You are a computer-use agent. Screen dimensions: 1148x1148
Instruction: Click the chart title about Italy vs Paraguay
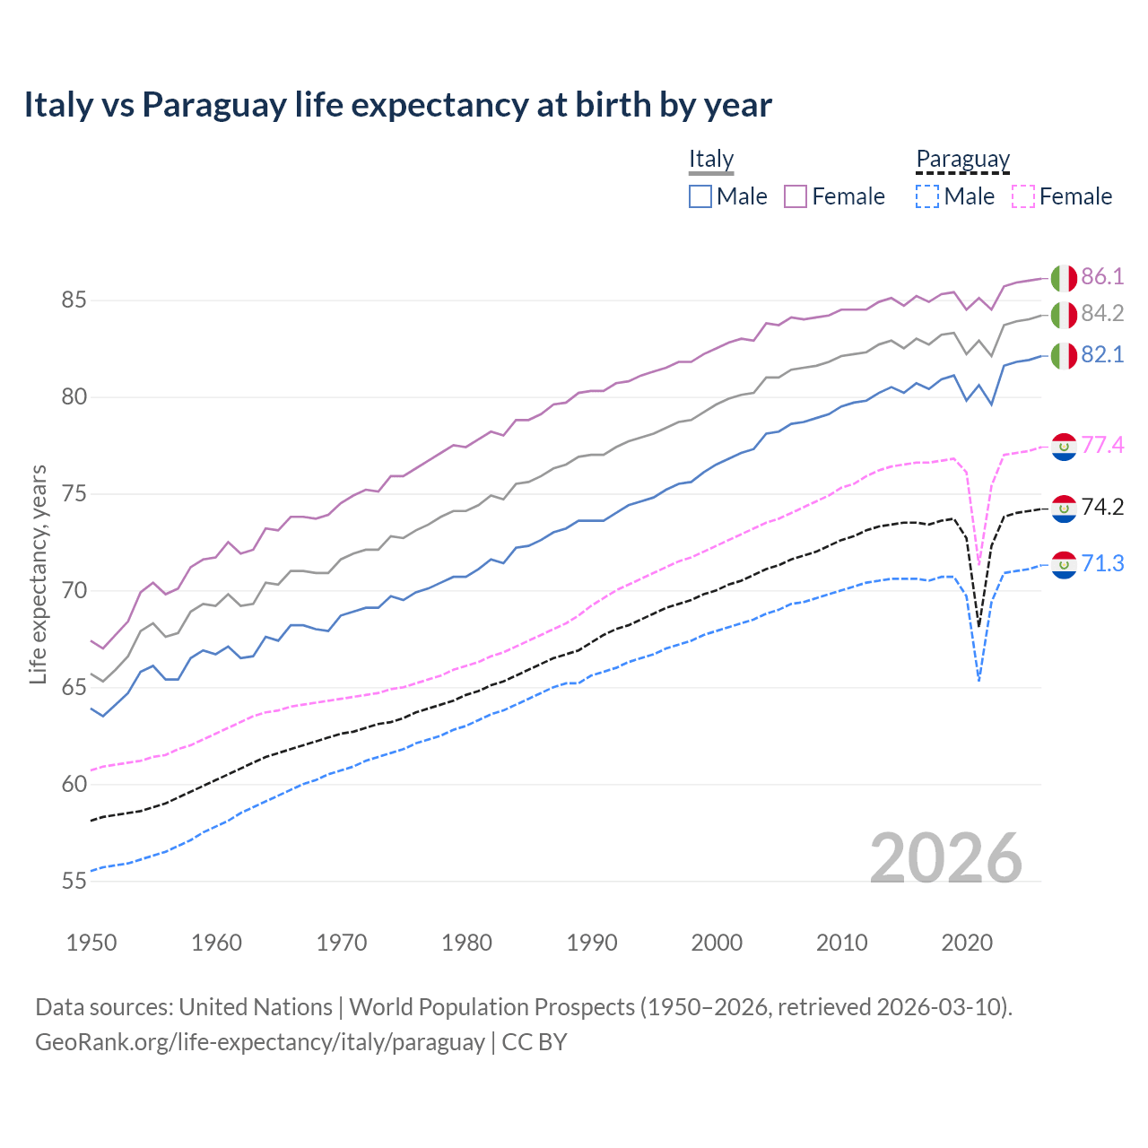[x=397, y=105]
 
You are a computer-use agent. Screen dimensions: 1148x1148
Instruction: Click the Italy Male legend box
[x=700, y=196]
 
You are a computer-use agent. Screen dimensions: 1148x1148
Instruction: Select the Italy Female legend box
[x=796, y=196]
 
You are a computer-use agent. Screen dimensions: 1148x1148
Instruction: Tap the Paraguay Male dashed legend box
[x=927, y=196]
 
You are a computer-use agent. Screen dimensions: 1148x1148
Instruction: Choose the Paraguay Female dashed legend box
[x=1023, y=196]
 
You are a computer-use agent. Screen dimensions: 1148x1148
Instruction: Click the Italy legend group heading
[x=711, y=159]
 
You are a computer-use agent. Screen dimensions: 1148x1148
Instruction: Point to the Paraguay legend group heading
[x=962, y=160]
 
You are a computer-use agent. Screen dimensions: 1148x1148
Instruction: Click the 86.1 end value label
[x=1102, y=276]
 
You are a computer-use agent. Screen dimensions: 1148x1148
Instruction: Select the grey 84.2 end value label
[x=1102, y=313]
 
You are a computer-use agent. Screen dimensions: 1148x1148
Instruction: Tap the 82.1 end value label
[x=1102, y=354]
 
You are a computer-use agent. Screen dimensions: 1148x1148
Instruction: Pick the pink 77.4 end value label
[x=1102, y=445]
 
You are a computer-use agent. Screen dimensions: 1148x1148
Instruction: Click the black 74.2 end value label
[x=1102, y=507]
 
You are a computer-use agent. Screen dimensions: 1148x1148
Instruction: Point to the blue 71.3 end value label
[x=1102, y=563]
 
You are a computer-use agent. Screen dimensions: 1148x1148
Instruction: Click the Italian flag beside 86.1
[x=1064, y=277]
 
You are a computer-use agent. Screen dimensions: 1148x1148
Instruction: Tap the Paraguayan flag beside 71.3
[x=1064, y=564]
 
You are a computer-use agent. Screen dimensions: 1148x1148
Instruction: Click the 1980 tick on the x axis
[x=466, y=943]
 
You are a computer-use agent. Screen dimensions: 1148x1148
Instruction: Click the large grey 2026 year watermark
[x=946, y=858]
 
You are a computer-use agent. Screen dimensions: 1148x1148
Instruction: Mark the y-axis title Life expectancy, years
[x=38, y=574]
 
